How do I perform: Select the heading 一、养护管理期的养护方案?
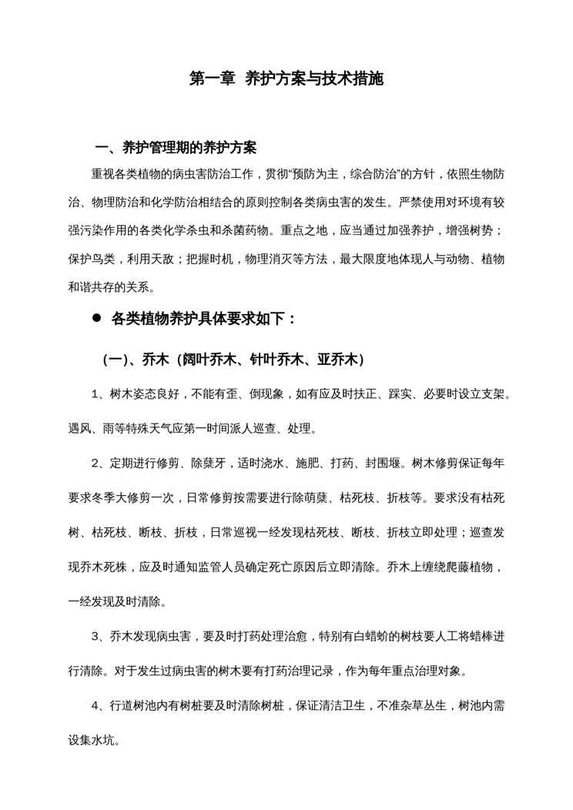pos(176,147)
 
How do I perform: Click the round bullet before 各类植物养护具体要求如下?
pos(97,318)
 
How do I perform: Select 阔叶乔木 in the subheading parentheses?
pos(208,360)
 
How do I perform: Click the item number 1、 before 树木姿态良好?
pos(98,394)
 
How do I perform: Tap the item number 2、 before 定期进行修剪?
pos(98,463)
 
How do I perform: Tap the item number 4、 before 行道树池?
pos(98,705)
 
